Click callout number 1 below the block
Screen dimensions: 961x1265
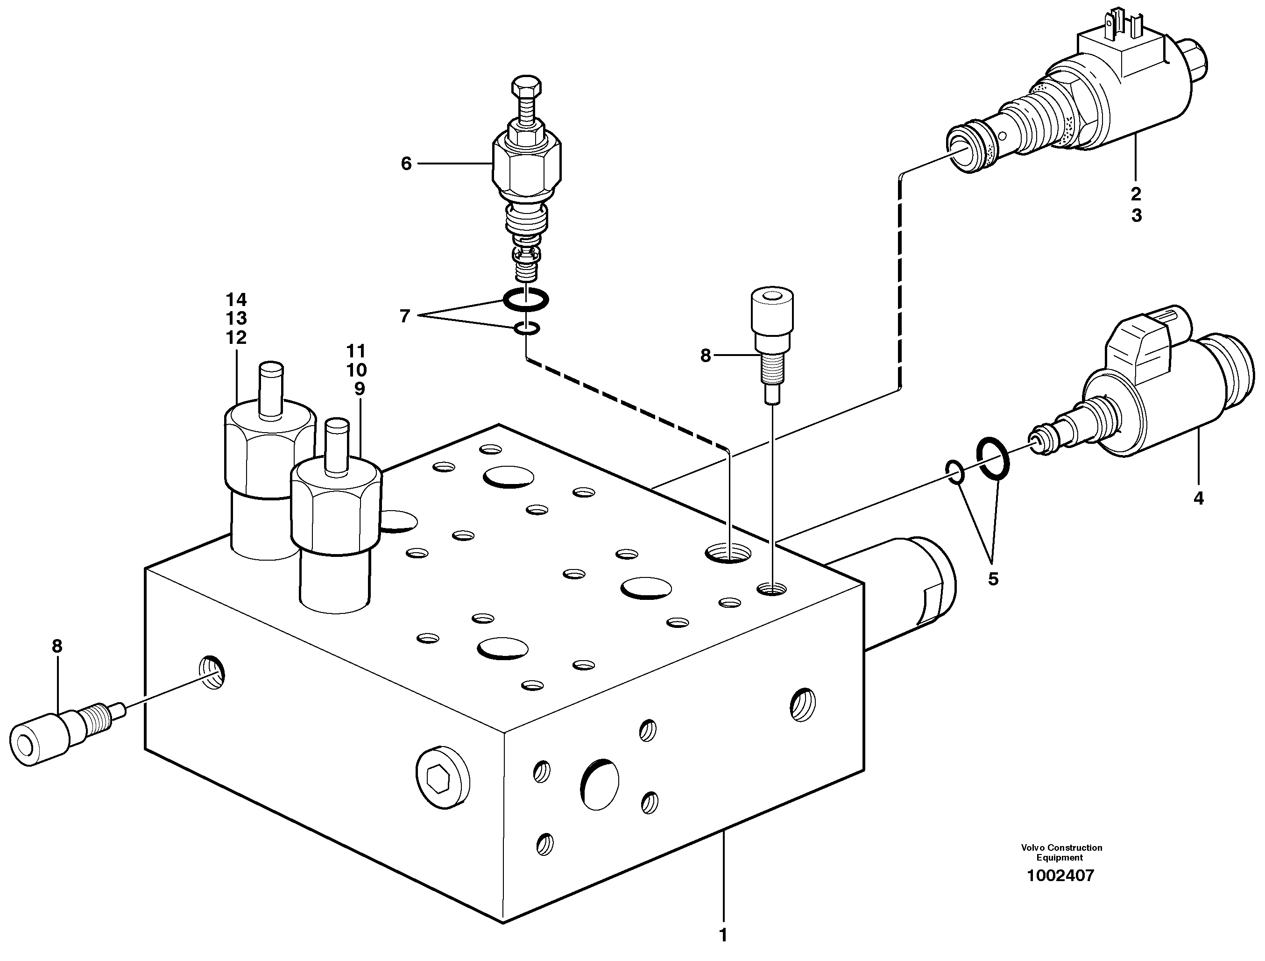723,935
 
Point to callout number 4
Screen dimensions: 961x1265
1199,498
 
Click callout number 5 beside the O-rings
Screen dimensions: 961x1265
993,579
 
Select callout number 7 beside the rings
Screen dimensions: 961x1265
405,316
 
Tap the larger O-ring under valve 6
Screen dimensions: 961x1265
525,298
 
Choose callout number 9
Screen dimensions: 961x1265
359,389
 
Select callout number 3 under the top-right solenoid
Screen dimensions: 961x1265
1136,216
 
